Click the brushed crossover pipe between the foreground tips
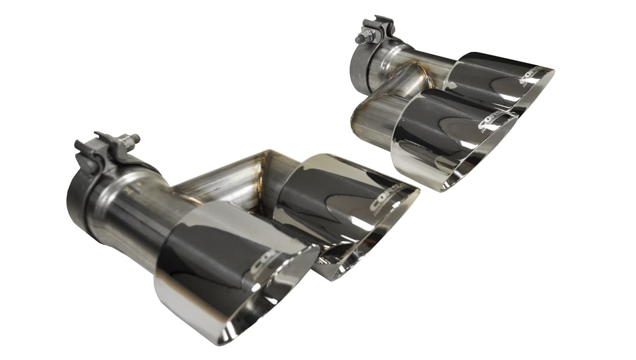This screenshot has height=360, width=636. pos(220,187)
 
